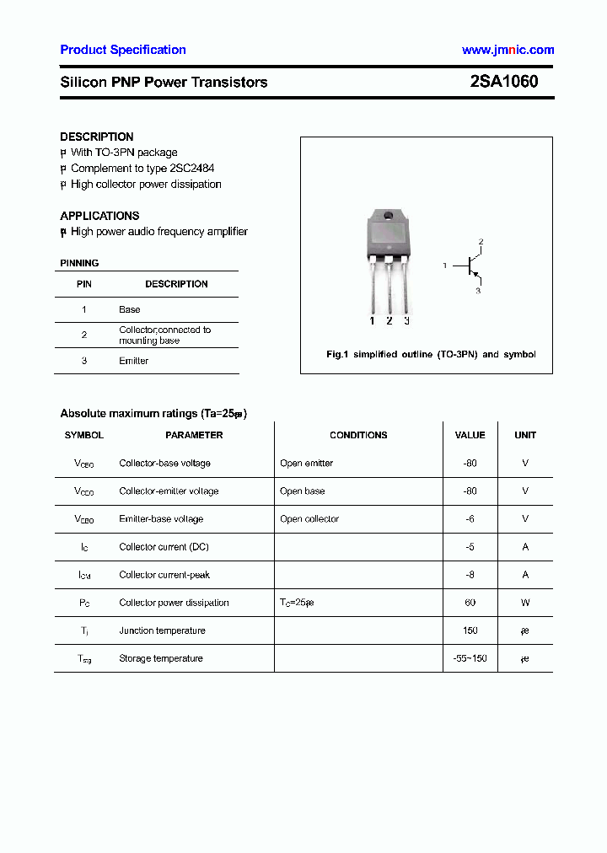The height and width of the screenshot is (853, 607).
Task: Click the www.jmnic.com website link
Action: (x=508, y=50)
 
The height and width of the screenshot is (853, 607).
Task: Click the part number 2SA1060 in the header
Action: (x=503, y=82)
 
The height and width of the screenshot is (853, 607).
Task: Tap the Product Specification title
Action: (x=123, y=50)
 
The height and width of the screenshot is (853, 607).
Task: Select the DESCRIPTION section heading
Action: (x=97, y=137)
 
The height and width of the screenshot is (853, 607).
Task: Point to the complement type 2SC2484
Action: (x=191, y=169)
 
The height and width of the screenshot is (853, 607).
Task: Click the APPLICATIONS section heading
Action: (x=99, y=216)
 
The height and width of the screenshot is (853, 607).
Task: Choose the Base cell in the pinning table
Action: (x=130, y=309)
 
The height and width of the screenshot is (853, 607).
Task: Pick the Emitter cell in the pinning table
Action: (x=133, y=361)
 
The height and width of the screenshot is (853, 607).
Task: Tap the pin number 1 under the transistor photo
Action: (x=372, y=321)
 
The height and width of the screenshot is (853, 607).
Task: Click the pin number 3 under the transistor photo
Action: (x=406, y=321)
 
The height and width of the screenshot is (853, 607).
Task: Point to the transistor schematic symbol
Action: (x=470, y=266)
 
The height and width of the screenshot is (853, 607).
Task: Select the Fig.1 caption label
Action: (x=337, y=355)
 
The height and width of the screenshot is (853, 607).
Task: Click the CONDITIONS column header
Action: (x=358, y=435)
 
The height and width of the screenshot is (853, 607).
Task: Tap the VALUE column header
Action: (x=470, y=435)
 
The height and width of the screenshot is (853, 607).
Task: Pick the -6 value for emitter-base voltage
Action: (x=470, y=519)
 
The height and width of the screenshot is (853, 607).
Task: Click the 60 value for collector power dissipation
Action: (x=470, y=603)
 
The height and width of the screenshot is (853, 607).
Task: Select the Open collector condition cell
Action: (x=309, y=519)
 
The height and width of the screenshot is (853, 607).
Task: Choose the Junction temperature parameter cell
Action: (x=162, y=630)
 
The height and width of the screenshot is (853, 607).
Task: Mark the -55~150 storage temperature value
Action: (x=470, y=658)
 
